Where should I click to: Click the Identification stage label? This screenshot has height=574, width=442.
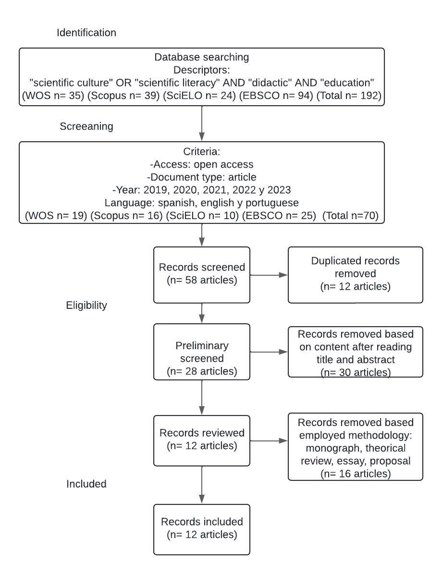pyautogui.click(x=86, y=33)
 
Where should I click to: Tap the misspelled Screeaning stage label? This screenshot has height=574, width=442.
pyautogui.click(x=86, y=126)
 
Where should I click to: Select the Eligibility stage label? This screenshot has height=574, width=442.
pyautogui.click(x=86, y=305)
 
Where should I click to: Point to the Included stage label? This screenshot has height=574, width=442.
pyautogui.click(x=86, y=484)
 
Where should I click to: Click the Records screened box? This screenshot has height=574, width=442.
pyautogui.click(x=202, y=275)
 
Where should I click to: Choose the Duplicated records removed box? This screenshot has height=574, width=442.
pyautogui.click(x=355, y=275)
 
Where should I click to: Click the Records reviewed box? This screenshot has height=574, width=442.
pyautogui.click(x=202, y=440)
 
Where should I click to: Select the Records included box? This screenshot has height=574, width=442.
pyautogui.click(x=202, y=529)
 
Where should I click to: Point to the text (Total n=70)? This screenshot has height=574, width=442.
pyautogui.click(x=350, y=216)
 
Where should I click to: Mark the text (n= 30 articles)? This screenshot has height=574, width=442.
pyautogui.click(x=355, y=372)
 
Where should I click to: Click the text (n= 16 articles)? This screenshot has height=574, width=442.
pyautogui.click(x=355, y=474)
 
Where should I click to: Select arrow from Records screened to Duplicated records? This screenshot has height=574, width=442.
pyautogui.click(x=269, y=275)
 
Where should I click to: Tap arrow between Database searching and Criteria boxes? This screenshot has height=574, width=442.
pyautogui.click(x=202, y=123)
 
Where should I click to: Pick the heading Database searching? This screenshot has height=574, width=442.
pyautogui.click(x=202, y=57)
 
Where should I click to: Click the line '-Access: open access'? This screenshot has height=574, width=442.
pyautogui.click(x=202, y=164)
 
